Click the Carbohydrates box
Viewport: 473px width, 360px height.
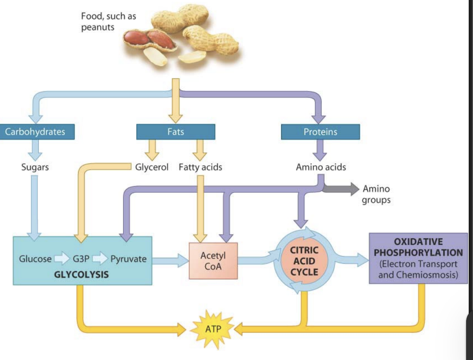[x=35, y=132]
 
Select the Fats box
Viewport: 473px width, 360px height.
[x=175, y=132]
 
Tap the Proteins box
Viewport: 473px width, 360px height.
[x=320, y=132]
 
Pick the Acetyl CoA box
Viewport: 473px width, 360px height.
[x=213, y=261]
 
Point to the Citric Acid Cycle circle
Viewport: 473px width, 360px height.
[x=304, y=261]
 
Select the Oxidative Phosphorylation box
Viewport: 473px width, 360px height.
[x=418, y=258]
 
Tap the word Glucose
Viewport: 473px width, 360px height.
[x=35, y=259]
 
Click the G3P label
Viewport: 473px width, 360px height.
[x=81, y=259]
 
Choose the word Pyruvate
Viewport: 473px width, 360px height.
[x=128, y=259]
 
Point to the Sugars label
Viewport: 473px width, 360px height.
[x=35, y=167]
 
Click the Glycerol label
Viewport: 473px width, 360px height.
[x=152, y=167]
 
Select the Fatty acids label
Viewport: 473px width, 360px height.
[x=200, y=167]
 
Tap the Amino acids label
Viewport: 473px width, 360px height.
[x=321, y=167]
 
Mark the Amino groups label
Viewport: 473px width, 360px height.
[x=376, y=194]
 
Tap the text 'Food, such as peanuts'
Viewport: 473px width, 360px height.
[x=103, y=21]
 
